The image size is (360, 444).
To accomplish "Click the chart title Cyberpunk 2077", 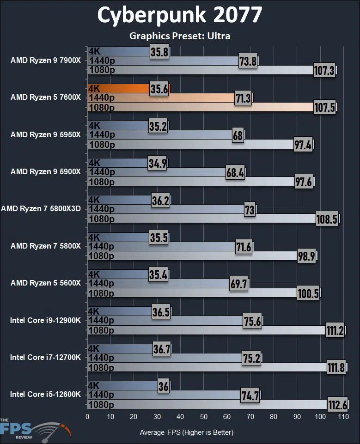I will click(179, 15).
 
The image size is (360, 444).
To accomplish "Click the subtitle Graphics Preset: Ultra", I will click(179, 36).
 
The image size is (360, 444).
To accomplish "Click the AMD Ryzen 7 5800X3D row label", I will click(41, 208).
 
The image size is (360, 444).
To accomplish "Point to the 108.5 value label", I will click(326, 219).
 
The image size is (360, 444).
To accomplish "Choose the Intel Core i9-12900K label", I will click(45, 320).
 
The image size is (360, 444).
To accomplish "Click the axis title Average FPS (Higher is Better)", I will click(186, 432).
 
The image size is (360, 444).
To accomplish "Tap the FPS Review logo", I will click(35, 427).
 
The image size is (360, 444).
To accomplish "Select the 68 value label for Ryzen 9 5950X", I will click(238, 135).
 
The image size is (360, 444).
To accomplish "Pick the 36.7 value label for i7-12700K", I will click(162, 348).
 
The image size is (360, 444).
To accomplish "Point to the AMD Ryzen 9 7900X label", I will click(45, 60).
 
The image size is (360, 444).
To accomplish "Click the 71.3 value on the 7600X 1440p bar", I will click(242, 98).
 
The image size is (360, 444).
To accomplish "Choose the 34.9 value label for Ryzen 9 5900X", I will click(158, 163).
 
